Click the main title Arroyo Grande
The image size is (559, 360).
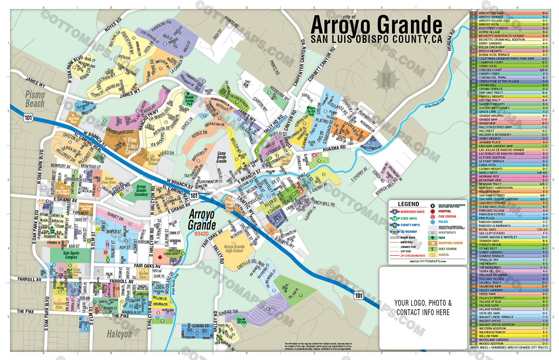point(376,25)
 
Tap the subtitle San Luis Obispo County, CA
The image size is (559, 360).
point(376,40)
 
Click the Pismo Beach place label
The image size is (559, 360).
point(35,99)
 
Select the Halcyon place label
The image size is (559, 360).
point(119,334)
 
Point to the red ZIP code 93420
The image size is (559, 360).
point(201,234)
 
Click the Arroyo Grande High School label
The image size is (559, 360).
point(234,249)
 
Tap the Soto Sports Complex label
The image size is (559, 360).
point(71,255)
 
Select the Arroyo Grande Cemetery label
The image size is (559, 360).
point(141,190)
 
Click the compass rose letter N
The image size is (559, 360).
point(386,80)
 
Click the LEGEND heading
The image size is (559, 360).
point(408,204)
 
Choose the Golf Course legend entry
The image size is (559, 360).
point(447,249)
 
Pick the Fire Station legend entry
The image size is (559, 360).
point(447,217)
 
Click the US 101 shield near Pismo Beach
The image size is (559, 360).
point(28,117)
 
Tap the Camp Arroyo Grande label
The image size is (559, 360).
point(221,157)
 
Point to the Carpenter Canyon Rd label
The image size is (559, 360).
point(299,63)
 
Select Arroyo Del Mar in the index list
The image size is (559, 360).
point(491,13)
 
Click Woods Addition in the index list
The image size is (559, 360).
point(491,344)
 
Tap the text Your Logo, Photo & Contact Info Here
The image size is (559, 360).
point(423,308)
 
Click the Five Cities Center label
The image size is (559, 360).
point(132,146)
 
